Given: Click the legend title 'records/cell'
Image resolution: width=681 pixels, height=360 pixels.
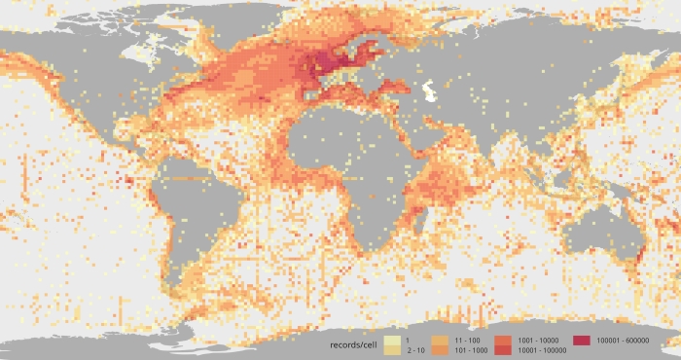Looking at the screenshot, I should pos(354,344).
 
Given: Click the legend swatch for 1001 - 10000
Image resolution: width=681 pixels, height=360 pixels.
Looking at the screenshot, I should pos(504,339).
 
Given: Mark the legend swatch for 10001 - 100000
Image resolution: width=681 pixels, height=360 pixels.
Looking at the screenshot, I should pos(504,348).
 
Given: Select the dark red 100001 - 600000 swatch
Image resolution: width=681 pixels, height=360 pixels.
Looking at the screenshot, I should pos(581,340).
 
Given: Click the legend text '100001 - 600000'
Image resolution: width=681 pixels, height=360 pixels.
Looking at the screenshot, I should pos(623,340).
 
